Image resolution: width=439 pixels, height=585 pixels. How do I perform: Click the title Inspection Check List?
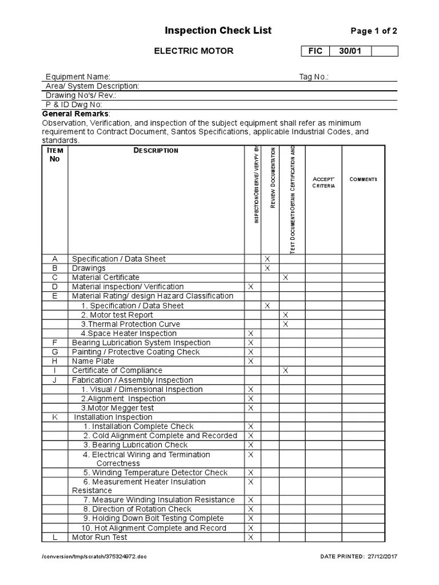click(x=218, y=31)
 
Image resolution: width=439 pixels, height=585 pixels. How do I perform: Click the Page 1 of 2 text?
click(x=373, y=31)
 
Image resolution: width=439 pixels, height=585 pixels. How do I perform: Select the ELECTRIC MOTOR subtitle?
click(x=194, y=51)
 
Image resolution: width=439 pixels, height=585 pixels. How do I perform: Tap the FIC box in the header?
click(x=315, y=51)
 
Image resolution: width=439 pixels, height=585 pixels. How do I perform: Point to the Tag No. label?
click(x=314, y=77)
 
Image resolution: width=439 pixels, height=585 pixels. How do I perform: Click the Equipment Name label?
click(x=78, y=77)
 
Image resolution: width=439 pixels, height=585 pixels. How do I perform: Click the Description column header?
click(x=156, y=151)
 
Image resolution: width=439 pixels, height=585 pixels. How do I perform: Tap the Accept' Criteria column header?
click(x=324, y=182)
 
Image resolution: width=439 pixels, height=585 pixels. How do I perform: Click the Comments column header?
click(x=363, y=179)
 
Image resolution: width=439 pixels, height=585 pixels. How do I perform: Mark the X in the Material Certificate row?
click(x=286, y=278)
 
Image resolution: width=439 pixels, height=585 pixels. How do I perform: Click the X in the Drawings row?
click(x=267, y=269)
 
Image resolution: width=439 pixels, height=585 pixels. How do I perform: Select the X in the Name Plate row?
click(x=250, y=362)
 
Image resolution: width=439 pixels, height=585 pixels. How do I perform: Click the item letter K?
click(x=55, y=418)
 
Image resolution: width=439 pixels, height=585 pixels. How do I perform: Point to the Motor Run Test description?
click(x=99, y=538)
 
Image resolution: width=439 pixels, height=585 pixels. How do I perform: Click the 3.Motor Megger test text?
click(x=117, y=408)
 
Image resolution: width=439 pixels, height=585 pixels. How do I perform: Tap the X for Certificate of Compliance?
click(x=286, y=371)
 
